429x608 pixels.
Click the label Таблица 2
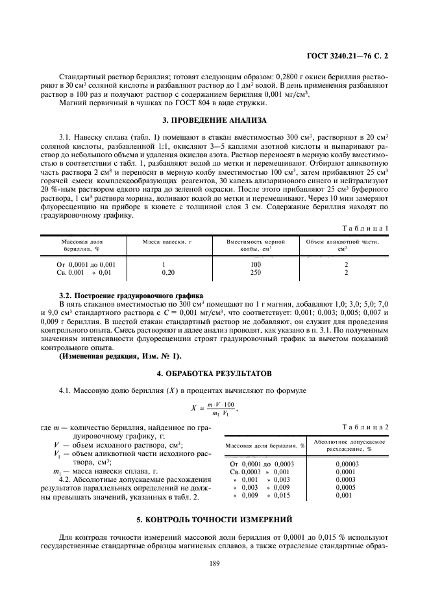365,427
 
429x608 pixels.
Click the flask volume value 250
255,273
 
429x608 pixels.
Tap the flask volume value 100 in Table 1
255,265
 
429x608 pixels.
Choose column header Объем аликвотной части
346,245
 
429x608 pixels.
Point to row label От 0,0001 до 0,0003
262,464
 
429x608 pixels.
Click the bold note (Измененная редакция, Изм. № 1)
120,355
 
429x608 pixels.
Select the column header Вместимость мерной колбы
255,245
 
